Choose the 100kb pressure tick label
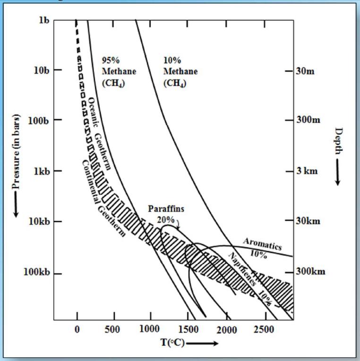(36, 274)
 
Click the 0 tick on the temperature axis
(77, 329)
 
